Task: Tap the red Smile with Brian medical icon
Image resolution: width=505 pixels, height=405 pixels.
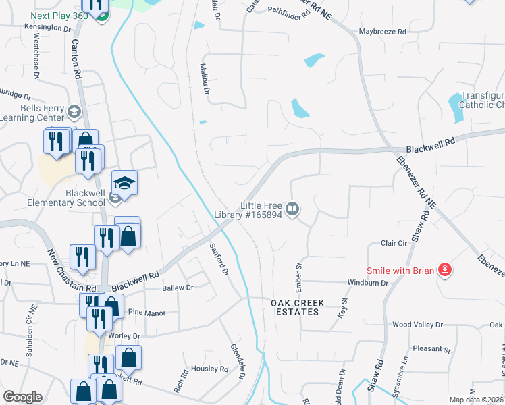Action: point(444,271)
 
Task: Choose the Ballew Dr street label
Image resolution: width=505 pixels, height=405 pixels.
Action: point(178,288)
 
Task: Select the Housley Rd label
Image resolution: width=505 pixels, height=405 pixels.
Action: point(210,369)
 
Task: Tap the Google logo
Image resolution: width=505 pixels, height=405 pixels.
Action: point(22,397)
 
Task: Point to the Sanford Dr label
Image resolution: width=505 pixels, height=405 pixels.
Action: point(219,259)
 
